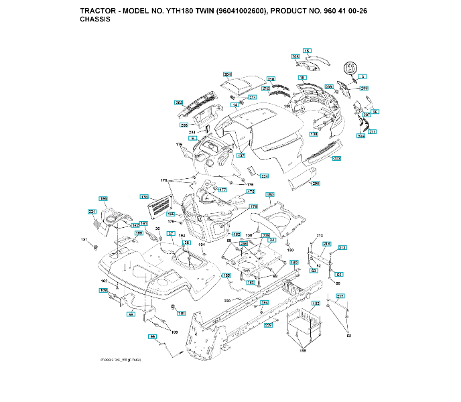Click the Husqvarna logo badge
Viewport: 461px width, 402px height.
[350, 68]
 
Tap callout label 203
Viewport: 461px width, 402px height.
[179, 103]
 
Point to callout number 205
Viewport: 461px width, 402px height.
[316, 183]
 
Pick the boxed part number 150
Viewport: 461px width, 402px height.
[270, 194]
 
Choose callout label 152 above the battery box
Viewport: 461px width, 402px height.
[315, 304]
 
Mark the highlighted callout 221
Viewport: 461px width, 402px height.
[92, 212]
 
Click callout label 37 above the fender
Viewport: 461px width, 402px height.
[171, 234]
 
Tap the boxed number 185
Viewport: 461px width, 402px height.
[226, 275]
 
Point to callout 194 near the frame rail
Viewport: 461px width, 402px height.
[264, 302]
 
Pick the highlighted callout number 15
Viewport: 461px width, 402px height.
[307, 51]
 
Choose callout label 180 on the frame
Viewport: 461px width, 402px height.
[293, 263]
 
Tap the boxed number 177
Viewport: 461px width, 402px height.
[222, 190]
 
